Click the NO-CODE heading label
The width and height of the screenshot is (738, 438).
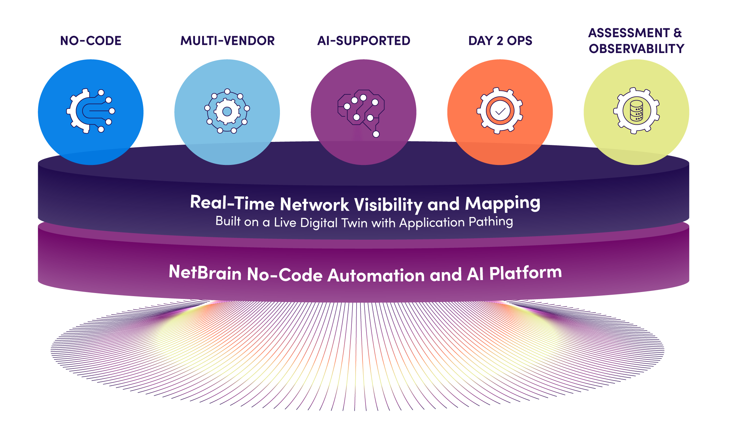(x=91, y=41)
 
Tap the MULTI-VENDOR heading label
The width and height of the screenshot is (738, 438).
(x=227, y=41)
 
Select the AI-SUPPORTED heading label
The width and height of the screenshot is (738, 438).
(x=363, y=41)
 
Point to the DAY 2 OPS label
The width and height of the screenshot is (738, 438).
(x=500, y=41)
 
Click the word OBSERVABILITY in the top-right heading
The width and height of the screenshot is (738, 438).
(x=636, y=49)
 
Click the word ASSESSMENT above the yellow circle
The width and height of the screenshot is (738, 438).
(x=629, y=33)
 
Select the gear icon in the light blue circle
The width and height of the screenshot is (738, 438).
(x=227, y=111)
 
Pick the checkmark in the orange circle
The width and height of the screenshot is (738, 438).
(x=500, y=111)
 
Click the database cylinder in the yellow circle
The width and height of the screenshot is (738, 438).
(x=636, y=111)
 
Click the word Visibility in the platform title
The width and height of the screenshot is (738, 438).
(x=388, y=205)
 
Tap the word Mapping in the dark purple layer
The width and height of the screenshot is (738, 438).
(x=502, y=204)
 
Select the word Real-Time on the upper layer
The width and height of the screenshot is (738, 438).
(x=232, y=203)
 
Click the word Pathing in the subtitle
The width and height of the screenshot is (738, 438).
(x=491, y=222)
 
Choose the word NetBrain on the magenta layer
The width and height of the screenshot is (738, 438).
(x=205, y=273)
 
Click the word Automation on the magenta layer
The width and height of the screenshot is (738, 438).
(x=376, y=275)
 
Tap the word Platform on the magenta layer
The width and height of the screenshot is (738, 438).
(x=525, y=273)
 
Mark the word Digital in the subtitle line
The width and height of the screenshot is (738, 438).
(x=319, y=223)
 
